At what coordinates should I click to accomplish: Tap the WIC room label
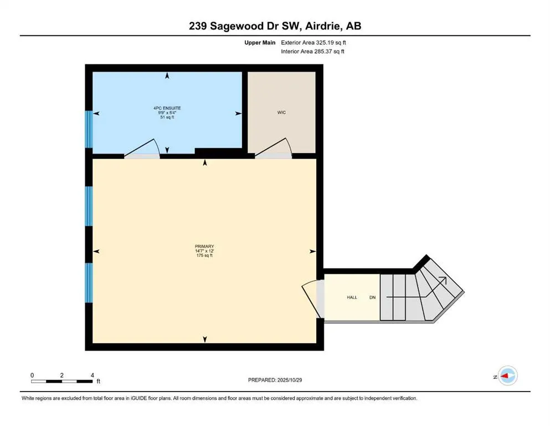coord(281,113)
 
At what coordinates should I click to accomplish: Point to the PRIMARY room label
coord(204,246)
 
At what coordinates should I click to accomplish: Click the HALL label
coord(352,298)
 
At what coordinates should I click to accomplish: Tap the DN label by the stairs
coord(373,298)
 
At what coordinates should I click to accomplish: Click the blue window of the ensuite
coord(88,129)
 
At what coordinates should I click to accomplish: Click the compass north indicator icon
coord(507,377)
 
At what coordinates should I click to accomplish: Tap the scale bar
coord(61,381)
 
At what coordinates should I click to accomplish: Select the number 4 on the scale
coord(92,375)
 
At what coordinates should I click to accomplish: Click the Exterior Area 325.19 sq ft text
coord(314,42)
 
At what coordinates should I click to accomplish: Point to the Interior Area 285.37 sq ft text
coord(313,52)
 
